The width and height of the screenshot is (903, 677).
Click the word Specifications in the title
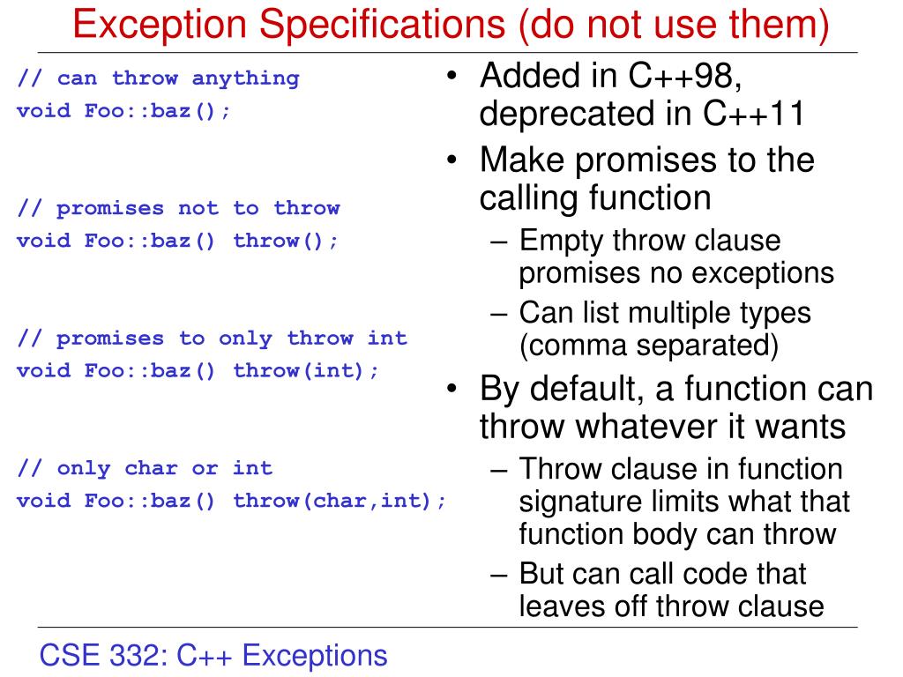[x=356, y=25]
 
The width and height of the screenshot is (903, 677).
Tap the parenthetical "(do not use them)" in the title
[x=675, y=25]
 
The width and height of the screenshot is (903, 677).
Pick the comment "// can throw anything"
[x=158, y=78]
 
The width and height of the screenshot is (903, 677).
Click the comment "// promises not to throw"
[x=178, y=208]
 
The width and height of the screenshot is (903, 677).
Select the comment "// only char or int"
[x=145, y=468]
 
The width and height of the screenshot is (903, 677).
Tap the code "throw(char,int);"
[x=340, y=501]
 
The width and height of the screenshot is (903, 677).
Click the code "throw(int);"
[x=306, y=370]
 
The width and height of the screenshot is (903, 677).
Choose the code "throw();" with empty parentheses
[x=286, y=241]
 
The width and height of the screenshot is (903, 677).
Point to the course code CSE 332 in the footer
[x=104, y=656]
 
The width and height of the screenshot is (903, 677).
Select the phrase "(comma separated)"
[x=648, y=346]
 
